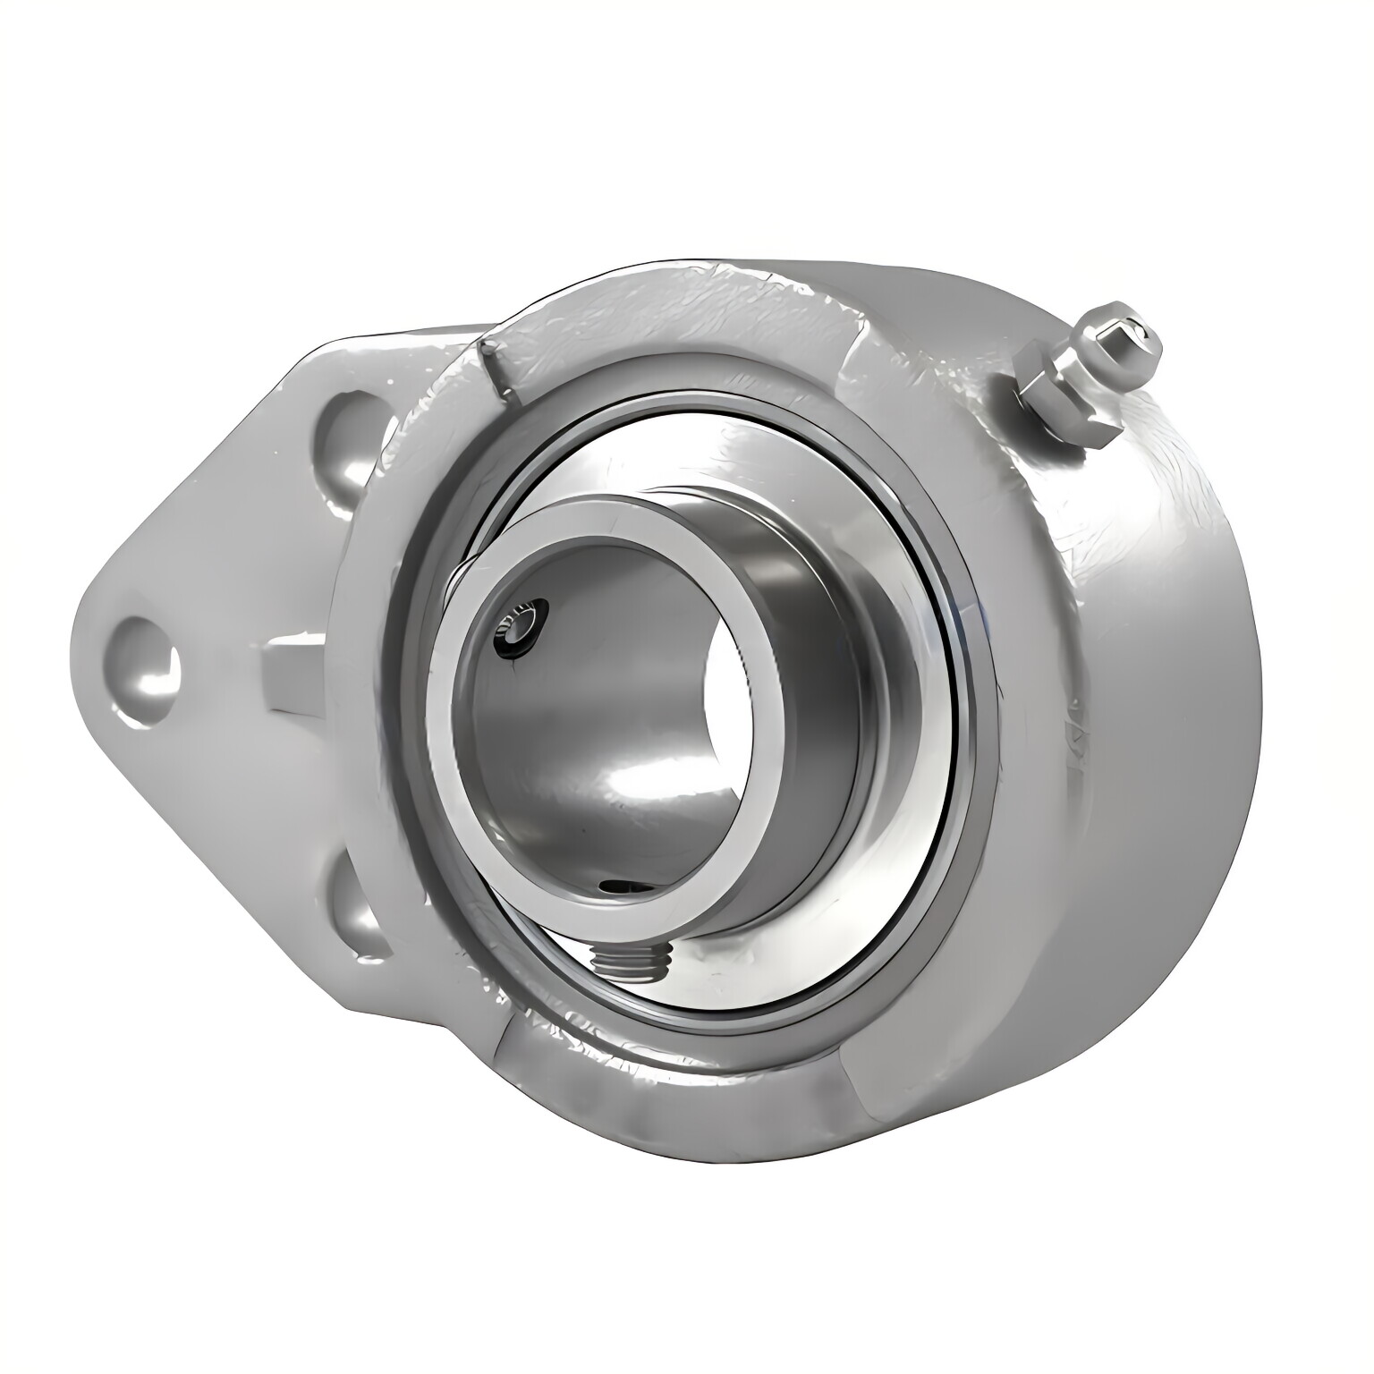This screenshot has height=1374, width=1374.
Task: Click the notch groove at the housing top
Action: click(x=496, y=367)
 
